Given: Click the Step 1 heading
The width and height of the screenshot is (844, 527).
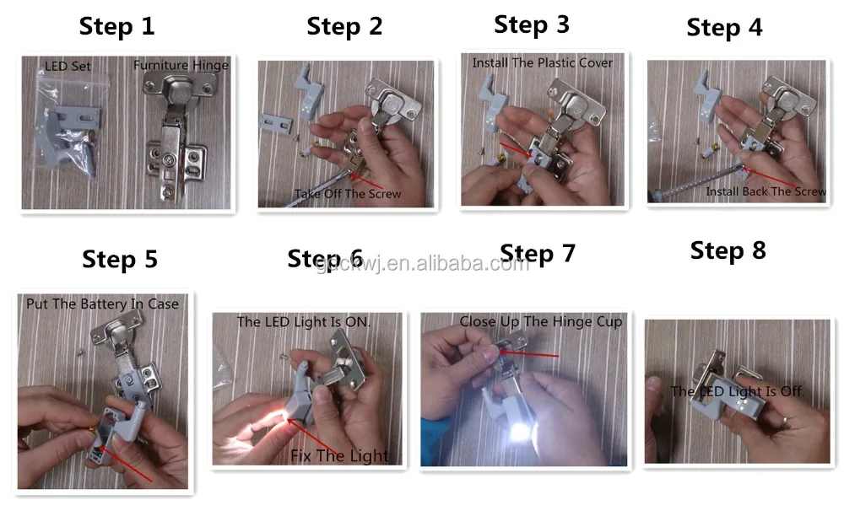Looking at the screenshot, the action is pos(116,27).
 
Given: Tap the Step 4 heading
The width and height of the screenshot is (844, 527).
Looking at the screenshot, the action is pos(724,28).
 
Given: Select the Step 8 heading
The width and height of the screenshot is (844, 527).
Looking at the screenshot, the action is pos(728,251).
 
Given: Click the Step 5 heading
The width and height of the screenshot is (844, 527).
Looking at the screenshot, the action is pos(120,260).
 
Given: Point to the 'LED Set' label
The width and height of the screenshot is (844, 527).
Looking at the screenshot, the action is pos(68,66).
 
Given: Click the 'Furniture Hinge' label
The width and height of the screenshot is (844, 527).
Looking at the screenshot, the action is pos(181,65).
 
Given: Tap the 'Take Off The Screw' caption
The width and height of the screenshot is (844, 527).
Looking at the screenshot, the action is pos(348,194).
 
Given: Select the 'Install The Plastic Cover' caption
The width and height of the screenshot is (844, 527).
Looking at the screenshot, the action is pos(543,63).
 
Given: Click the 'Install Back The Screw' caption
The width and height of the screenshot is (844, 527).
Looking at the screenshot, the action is pos(766,191).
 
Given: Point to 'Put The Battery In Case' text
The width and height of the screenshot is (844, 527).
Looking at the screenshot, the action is pos(102,304).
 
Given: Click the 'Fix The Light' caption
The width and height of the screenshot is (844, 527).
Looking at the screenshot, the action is pos(339,456).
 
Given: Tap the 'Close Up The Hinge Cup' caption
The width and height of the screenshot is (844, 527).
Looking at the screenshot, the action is pos(540,321).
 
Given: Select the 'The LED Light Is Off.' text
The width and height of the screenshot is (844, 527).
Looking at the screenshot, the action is pos(738,391).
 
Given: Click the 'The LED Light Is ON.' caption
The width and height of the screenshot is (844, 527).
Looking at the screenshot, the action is pos(304,322).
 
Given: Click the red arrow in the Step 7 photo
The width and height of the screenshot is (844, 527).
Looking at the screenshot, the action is pos(530,354).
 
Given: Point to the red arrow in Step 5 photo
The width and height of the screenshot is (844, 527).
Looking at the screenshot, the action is pos(126,464).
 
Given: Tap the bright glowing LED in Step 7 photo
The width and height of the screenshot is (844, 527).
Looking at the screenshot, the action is pos(519,432).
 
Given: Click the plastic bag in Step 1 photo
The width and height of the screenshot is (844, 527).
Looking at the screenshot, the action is pos(69,124).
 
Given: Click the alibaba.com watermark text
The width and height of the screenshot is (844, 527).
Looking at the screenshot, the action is pos(423,263).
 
